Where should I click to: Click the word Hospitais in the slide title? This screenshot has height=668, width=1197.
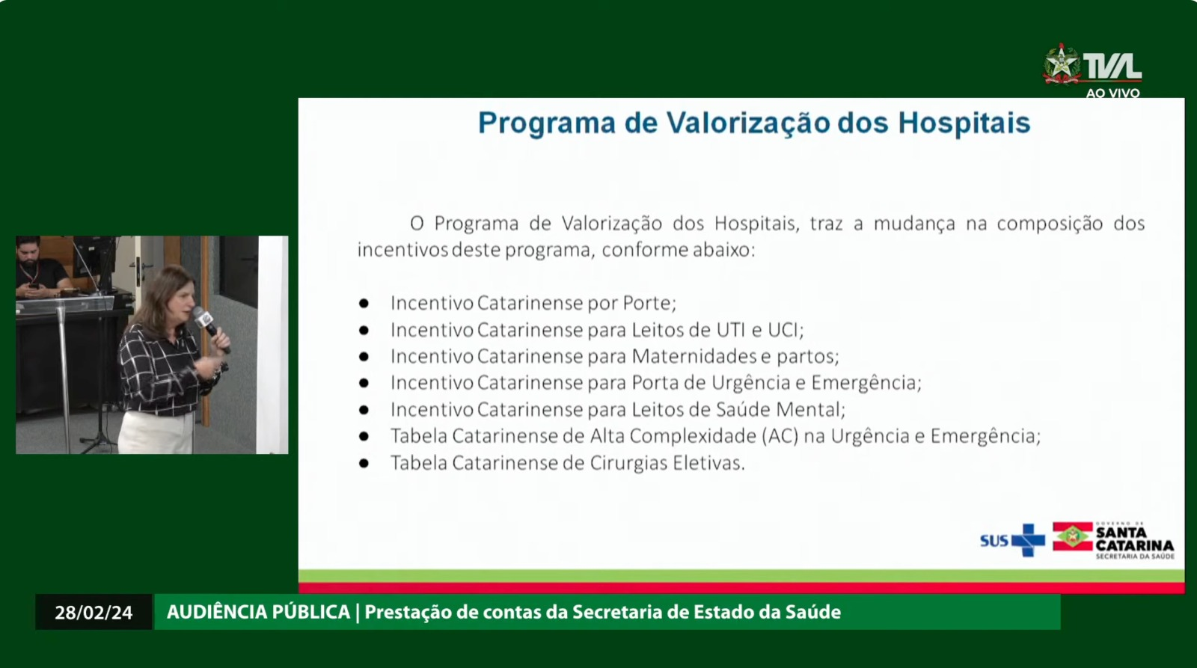(964, 123)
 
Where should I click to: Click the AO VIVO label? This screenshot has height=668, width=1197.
(1112, 93)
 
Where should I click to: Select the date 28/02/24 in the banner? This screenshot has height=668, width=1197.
(94, 613)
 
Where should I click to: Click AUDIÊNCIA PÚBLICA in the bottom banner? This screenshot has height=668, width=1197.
(258, 611)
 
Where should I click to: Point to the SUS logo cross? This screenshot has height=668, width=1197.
(1028, 540)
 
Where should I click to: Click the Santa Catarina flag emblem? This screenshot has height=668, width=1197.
(1073, 536)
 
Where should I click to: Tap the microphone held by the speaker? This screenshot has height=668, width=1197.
(209, 327)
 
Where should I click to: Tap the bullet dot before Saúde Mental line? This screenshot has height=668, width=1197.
(364, 410)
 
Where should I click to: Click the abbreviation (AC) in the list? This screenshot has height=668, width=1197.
(780, 436)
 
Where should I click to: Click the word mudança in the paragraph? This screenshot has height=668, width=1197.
(914, 224)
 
